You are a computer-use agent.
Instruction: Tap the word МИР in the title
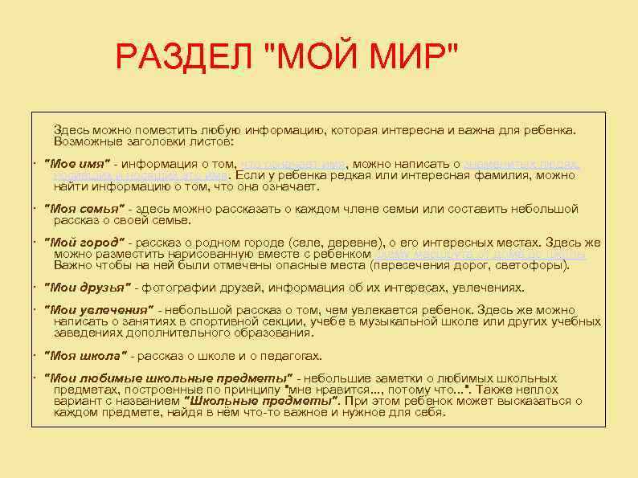[x=410, y=57]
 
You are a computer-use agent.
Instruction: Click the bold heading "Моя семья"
[x=84, y=209]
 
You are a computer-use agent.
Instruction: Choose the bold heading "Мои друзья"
[x=88, y=288]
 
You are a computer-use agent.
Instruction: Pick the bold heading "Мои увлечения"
[x=98, y=310]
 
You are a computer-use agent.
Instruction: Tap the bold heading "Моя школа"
[x=84, y=356]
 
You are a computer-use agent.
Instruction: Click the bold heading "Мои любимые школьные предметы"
[x=168, y=378]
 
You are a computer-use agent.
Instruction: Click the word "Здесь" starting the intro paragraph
[x=70, y=129]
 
